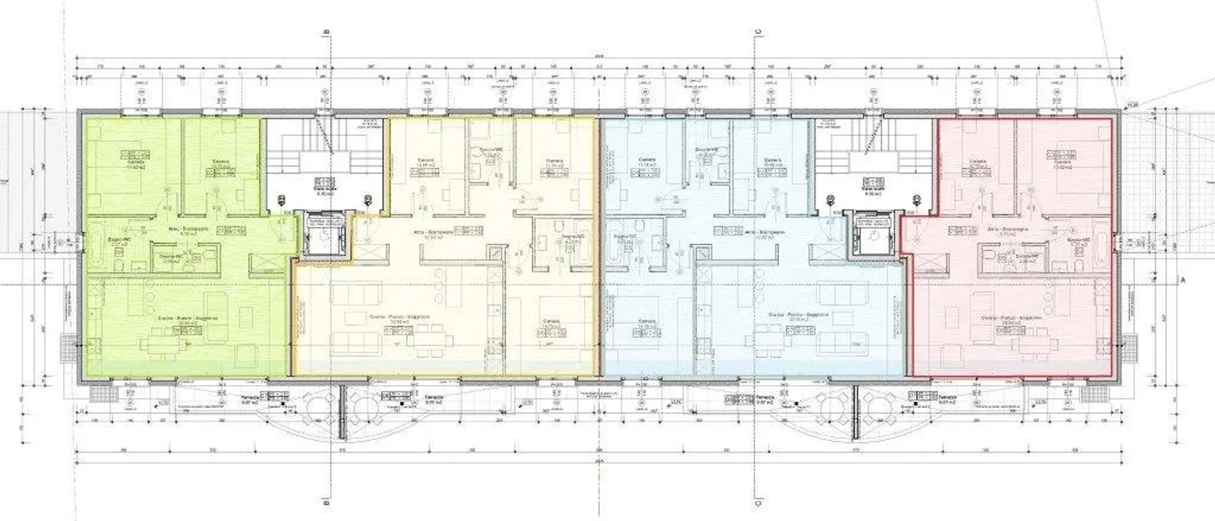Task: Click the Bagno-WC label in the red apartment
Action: (x=1074, y=240)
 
